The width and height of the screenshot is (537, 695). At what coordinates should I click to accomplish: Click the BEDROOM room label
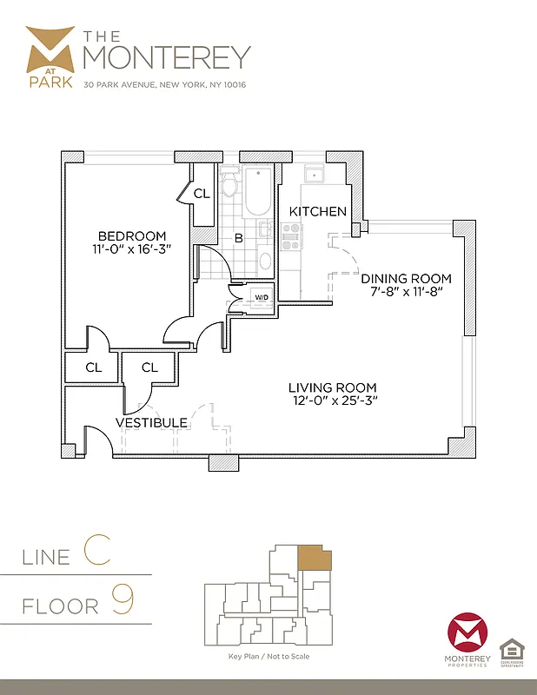pos(131,236)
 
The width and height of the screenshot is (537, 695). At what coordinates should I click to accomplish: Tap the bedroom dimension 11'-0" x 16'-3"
pos(131,251)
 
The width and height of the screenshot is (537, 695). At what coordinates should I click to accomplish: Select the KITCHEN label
pos(318,212)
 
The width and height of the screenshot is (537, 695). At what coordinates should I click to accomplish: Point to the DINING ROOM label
pos(407,279)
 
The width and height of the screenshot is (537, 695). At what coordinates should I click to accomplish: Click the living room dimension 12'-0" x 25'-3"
pos(334,401)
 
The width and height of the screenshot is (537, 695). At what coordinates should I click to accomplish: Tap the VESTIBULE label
pos(152,423)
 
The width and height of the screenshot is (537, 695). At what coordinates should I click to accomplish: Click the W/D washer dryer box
pos(261,298)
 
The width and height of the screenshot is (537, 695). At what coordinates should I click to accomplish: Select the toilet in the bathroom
pos(230,184)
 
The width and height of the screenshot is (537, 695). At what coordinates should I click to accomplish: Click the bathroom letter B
pos(237,237)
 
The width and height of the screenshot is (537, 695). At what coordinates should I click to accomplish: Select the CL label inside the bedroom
pos(202,194)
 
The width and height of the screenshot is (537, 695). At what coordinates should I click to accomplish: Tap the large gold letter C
pos(96,552)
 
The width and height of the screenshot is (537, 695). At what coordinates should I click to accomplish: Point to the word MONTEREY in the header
pos(166,56)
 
